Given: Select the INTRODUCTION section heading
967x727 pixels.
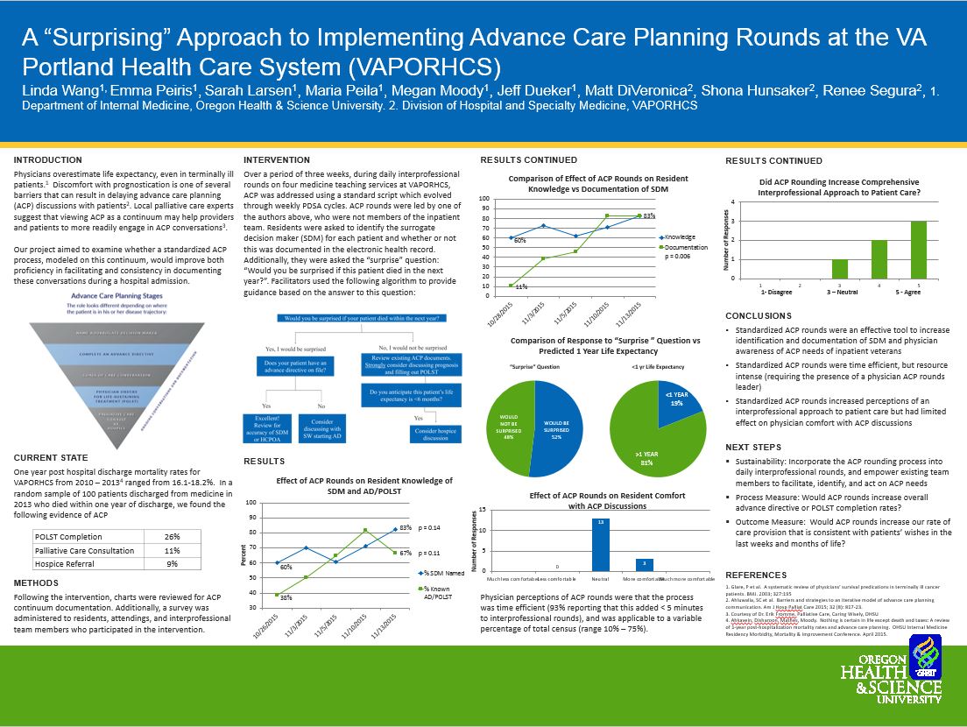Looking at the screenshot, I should click(x=48, y=160).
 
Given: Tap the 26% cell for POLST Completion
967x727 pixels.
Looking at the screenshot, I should click(x=172, y=537).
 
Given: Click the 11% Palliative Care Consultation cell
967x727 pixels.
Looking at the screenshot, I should click(x=172, y=550).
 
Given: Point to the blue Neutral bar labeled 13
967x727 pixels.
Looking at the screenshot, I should click(x=601, y=543).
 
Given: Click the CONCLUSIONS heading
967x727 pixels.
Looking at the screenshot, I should click(x=759, y=315).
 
